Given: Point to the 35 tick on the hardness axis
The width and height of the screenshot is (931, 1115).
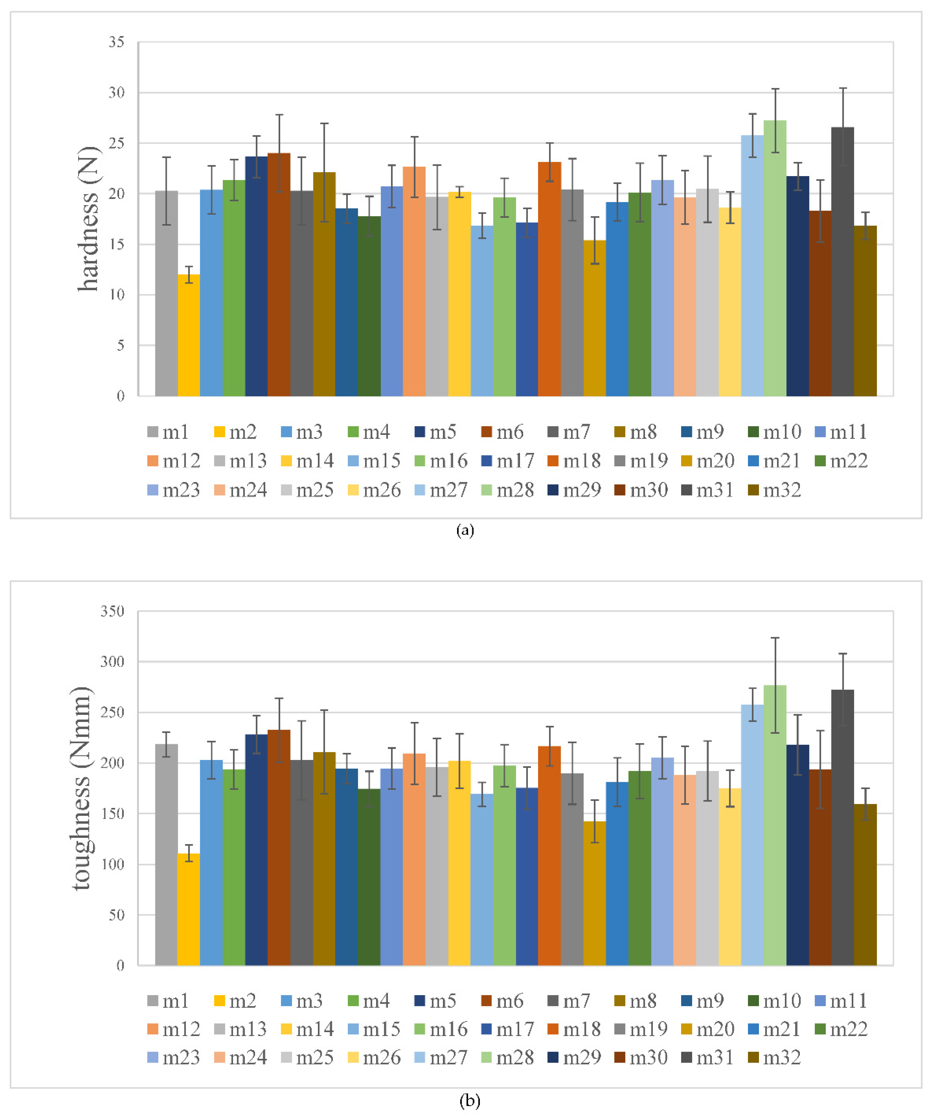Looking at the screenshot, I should coord(117,42).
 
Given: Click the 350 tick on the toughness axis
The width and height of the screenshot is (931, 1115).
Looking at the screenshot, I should coord(113,611).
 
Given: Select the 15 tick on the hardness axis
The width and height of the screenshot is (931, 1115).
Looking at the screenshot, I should coord(117,244).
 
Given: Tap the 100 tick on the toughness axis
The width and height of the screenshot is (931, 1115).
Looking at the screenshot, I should coord(113,864).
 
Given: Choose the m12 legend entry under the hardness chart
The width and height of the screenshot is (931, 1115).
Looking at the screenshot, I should coord(174,461).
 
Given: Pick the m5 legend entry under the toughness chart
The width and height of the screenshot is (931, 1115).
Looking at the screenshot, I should coord(436,1001).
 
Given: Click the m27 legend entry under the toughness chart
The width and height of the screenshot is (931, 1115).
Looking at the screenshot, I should coord(441,1058).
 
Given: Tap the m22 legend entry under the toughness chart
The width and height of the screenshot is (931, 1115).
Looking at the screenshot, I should coord(841,1029).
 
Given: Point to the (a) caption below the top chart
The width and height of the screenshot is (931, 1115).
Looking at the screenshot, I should coord(465,531).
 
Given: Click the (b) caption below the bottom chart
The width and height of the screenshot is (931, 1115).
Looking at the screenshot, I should coord(470,1101).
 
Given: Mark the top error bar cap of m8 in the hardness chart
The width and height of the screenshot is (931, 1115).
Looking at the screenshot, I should coord(324,123).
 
